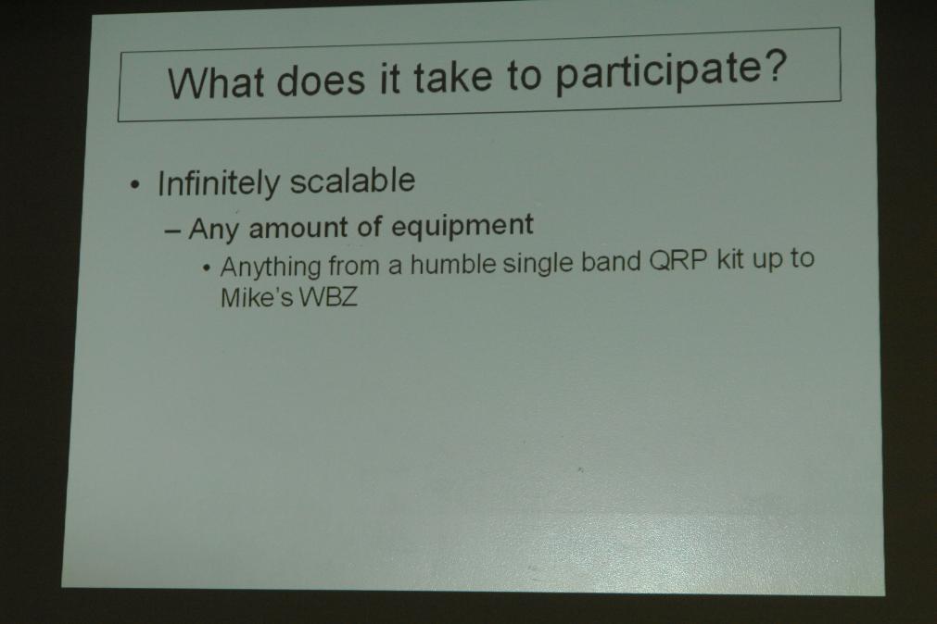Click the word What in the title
coord(216,81)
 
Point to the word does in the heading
coord(321,80)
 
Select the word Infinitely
coord(218,182)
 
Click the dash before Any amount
coord(172,231)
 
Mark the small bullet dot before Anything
coord(206,268)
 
